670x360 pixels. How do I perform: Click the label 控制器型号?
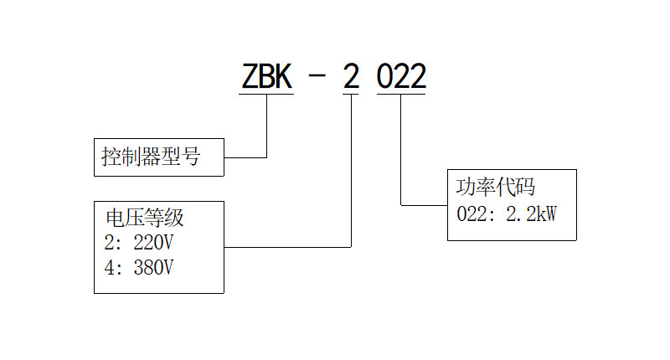click(x=151, y=157)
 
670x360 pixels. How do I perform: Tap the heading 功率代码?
click(x=495, y=186)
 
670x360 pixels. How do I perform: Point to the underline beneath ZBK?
click(x=266, y=95)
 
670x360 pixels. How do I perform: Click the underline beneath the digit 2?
click(x=351, y=95)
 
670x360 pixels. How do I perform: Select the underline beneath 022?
click(x=401, y=95)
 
